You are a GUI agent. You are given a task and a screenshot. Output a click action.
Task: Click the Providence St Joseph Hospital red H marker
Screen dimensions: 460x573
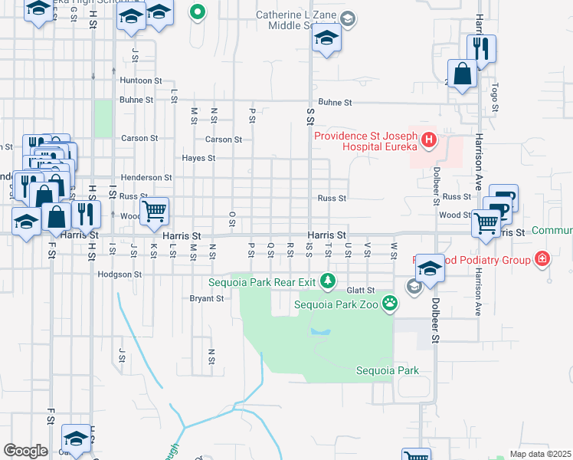click(x=428, y=141)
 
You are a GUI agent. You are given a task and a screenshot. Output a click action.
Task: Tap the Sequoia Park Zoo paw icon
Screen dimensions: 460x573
click(x=391, y=303)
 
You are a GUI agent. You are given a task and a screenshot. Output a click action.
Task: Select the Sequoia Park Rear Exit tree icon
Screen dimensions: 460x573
click(x=328, y=281)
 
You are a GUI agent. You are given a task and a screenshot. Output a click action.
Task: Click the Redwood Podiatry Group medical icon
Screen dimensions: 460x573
click(x=542, y=260)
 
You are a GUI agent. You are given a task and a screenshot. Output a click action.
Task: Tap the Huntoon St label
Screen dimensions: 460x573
click(x=140, y=80)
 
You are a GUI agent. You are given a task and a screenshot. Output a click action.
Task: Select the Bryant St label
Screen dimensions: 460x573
click(x=207, y=298)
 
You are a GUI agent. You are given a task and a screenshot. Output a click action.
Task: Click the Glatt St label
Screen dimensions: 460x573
click(x=359, y=290)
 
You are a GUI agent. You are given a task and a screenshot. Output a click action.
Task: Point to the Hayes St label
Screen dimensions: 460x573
click(x=198, y=158)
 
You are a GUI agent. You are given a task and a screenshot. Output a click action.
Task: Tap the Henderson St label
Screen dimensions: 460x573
click(x=146, y=177)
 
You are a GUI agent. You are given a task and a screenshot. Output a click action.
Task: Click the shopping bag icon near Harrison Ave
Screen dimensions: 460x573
click(x=463, y=75)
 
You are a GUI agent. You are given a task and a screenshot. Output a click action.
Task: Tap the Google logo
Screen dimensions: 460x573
click(x=25, y=451)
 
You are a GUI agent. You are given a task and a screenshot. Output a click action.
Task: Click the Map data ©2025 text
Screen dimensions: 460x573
click(x=540, y=454)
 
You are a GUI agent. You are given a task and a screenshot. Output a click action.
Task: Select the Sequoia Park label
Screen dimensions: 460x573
click(x=387, y=371)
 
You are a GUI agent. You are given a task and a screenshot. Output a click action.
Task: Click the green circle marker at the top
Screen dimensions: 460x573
click(x=198, y=11)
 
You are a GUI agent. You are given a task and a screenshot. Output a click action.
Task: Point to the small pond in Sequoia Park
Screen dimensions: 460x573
click(x=320, y=333)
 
